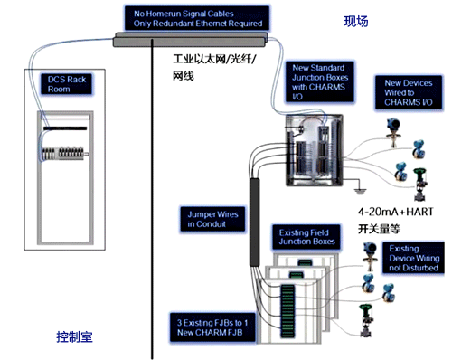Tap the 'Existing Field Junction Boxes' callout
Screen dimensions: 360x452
tap(305, 236)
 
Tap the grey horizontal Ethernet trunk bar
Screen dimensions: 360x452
tap(189, 39)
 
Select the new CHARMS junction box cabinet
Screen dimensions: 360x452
tap(315, 148)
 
